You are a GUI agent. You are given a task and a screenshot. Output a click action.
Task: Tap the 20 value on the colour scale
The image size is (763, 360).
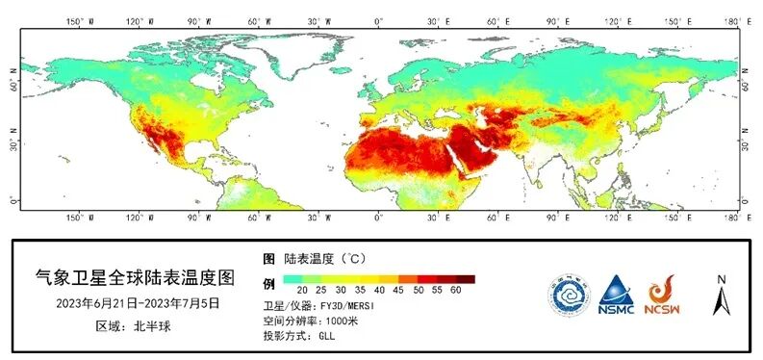point(302,290)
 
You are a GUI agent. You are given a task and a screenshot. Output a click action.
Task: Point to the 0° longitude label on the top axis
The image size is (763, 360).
point(378,19)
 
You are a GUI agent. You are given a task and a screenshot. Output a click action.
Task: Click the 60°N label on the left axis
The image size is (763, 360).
point(13,85)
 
